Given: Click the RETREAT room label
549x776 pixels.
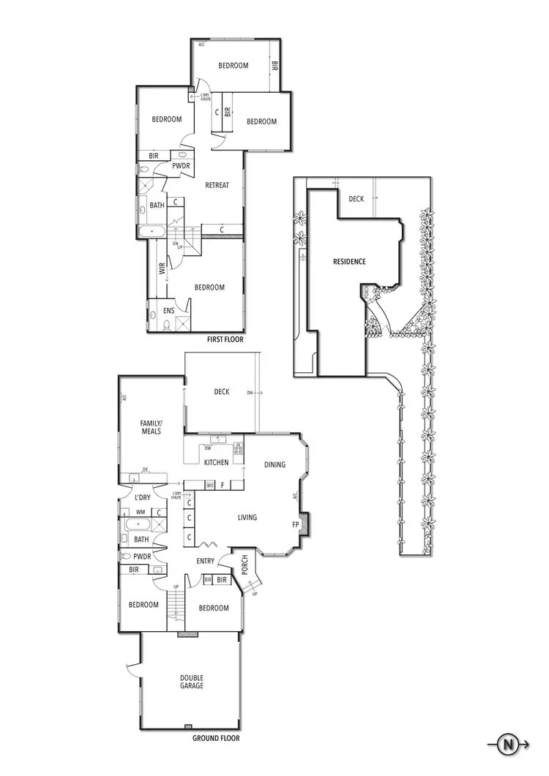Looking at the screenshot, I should click(217, 185).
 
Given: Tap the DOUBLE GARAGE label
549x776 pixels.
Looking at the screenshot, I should click(192, 682).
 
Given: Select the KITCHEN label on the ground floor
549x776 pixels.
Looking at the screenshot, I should click(216, 462).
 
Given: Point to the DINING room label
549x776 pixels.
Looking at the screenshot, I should click(274, 464).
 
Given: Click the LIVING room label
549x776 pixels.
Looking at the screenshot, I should click(247, 518).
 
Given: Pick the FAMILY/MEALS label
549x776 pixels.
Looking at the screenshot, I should click(152, 427).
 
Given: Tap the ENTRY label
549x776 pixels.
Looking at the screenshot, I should click(205, 561).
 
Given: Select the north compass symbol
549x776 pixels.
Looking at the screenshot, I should click(506, 745).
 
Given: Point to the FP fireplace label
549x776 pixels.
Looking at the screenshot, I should click(296, 524).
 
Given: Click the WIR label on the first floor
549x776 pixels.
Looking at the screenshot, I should click(162, 268).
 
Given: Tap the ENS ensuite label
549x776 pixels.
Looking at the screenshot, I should click(168, 311).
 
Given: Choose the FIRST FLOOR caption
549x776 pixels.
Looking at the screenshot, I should click(225, 339).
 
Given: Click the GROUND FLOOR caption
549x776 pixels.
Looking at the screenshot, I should click(216, 738).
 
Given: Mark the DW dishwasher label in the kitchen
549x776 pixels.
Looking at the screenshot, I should click(208, 448).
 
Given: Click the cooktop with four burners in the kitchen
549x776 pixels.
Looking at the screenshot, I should click(238, 448).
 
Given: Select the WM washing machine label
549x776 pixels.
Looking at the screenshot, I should click(140, 512).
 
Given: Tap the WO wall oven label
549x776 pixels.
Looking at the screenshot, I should click(209, 484).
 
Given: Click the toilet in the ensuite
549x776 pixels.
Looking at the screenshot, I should click(153, 314).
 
